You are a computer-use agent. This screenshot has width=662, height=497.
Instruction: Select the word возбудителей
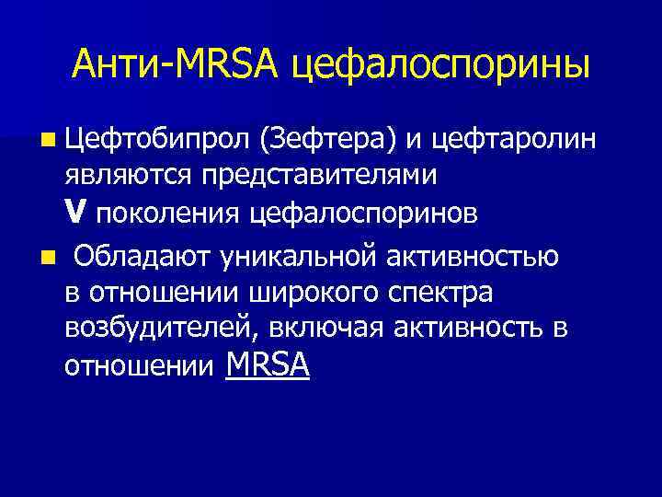tap(143, 329)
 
